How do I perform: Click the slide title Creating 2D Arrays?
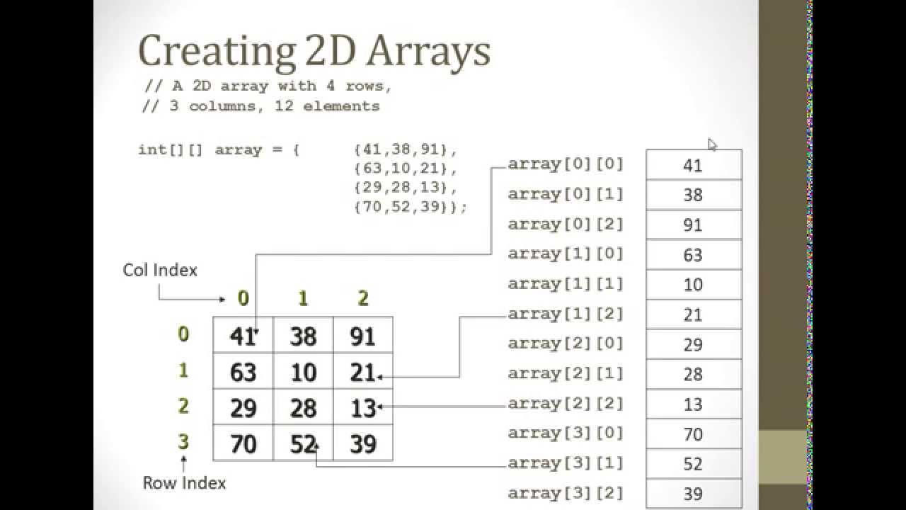tap(314, 52)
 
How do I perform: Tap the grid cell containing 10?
tap(303, 372)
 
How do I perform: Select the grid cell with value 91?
tap(362, 335)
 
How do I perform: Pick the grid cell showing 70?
tap(243, 444)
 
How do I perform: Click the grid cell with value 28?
tap(303, 408)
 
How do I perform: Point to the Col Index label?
tap(160, 270)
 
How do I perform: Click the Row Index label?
tap(184, 483)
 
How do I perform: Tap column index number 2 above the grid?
tap(363, 298)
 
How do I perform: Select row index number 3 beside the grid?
tap(183, 443)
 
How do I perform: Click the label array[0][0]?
tap(566, 164)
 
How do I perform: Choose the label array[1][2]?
tap(566, 313)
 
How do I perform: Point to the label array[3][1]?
tap(566, 463)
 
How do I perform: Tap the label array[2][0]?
tap(566, 344)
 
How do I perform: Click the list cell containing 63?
tap(693, 254)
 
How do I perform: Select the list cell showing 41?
tap(693, 165)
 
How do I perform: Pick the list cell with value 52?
tap(693, 464)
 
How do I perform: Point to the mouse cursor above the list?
tap(711, 144)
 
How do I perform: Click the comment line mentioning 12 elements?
tap(262, 106)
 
